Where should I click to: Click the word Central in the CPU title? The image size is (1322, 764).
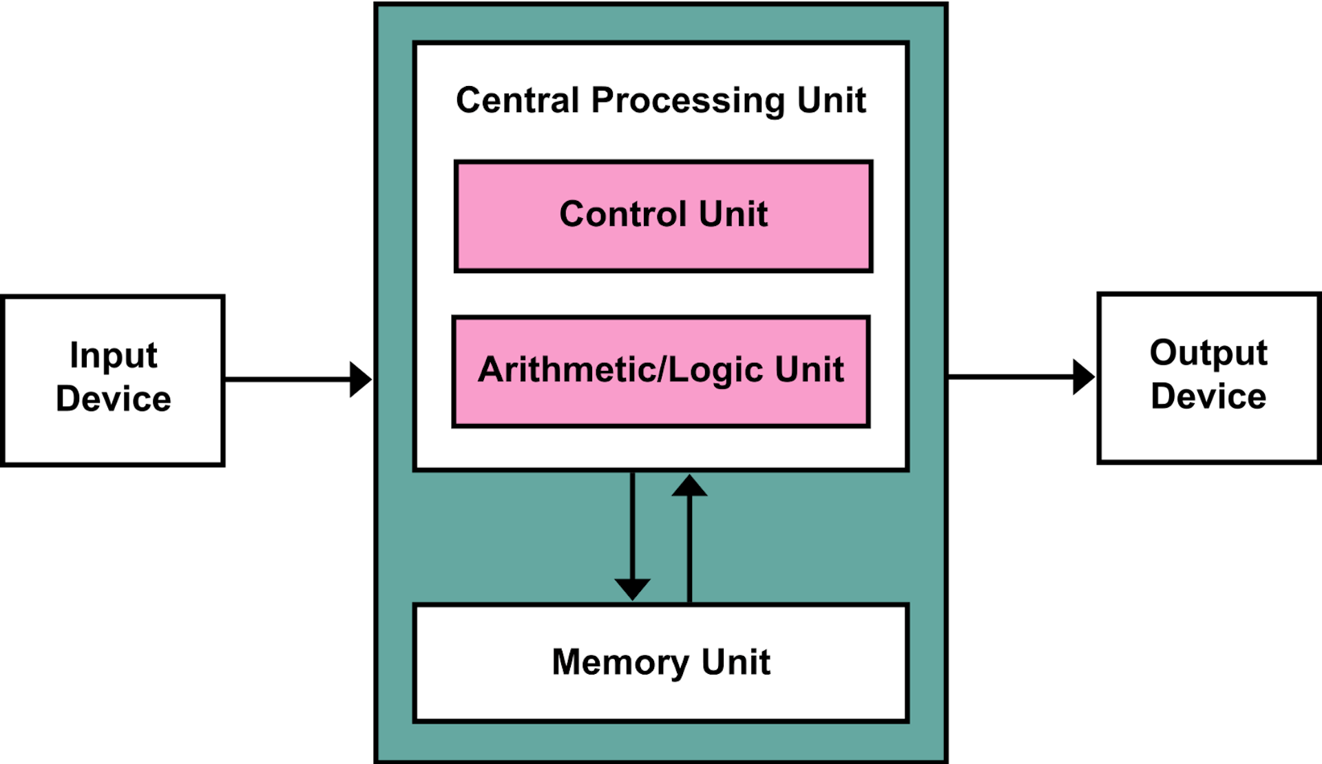tap(517, 100)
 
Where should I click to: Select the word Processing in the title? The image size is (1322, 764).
tap(687, 102)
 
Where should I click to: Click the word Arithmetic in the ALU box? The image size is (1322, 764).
tap(567, 370)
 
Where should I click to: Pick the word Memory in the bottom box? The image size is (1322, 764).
tap(619, 663)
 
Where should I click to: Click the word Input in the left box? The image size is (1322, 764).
tap(114, 357)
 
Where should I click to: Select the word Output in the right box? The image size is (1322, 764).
tap(1208, 354)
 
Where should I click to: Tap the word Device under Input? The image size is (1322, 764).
tap(114, 399)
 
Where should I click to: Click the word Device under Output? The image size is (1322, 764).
tap(1208, 397)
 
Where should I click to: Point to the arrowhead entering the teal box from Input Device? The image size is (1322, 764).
tap(361, 379)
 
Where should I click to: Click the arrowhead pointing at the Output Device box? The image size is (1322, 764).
tap(1084, 377)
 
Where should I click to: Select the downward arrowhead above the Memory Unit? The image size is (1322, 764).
tap(632, 589)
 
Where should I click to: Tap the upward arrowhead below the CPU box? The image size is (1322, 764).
tap(689, 486)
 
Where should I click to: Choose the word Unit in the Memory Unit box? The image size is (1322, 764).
tap(735, 662)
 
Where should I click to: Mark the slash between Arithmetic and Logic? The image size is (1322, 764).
tap(663, 370)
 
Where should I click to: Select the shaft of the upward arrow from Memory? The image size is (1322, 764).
tap(689, 551)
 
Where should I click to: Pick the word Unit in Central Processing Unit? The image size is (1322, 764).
tap(831, 100)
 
